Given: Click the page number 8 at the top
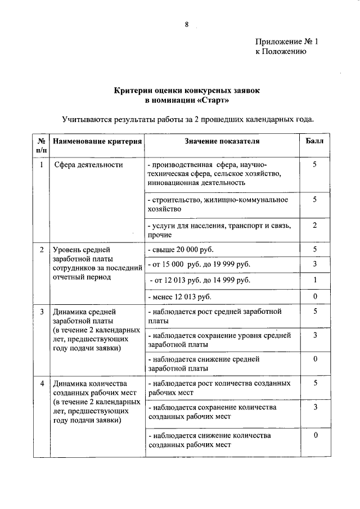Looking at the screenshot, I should tap(186, 24).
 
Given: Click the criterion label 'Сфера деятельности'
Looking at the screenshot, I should tap(88, 165).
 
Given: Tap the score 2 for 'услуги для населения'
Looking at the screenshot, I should tap(315, 226).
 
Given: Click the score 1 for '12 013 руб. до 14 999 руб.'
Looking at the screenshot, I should tap(315, 280).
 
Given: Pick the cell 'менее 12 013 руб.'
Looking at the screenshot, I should tap(179, 296).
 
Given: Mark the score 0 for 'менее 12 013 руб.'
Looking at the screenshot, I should tap(315, 296).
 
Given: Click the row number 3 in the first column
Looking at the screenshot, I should tap(42, 312).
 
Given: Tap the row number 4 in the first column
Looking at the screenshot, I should tap(42, 384).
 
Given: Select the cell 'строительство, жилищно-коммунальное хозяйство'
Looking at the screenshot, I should tap(218, 204).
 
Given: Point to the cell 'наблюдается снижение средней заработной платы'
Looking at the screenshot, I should tap(203, 363).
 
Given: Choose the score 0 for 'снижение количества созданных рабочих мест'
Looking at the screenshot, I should tap(315, 435).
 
